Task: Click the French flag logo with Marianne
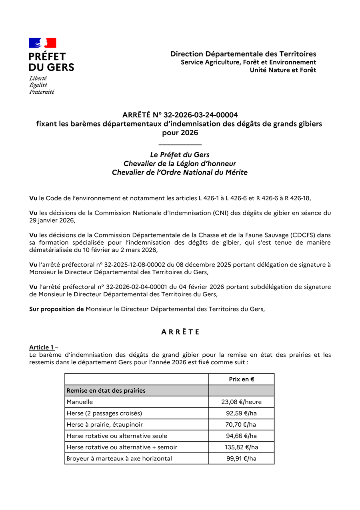[x=42, y=43]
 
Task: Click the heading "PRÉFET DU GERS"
[x=51, y=62]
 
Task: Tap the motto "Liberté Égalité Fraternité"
[x=41, y=85]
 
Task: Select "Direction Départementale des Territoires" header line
[x=243, y=54]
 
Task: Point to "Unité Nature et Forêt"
[x=283, y=70]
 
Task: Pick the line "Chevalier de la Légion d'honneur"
[x=180, y=164]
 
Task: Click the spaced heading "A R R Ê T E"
[x=180, y=332]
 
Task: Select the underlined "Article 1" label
[x=41, y=347]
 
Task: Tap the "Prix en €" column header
[x=241, y=379]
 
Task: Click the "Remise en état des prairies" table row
[x=106, y=391]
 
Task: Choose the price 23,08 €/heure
[x=241, y=402]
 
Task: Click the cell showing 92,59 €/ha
[x=241, y=413]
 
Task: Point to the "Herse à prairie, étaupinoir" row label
[x=104, y=425]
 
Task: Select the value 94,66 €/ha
[x=241, y=436]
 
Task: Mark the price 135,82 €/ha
[x=241, y=447]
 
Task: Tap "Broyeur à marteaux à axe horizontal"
[x=119, y=459]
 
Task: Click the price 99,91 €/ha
[x=241, y=459]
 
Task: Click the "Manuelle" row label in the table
[x=80, y=402]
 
